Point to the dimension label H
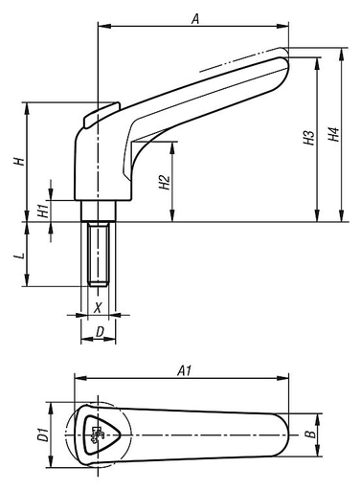17,162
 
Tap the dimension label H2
165,181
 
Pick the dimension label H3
307,139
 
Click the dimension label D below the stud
100,331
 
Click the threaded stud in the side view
97,254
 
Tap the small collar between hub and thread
97,210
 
